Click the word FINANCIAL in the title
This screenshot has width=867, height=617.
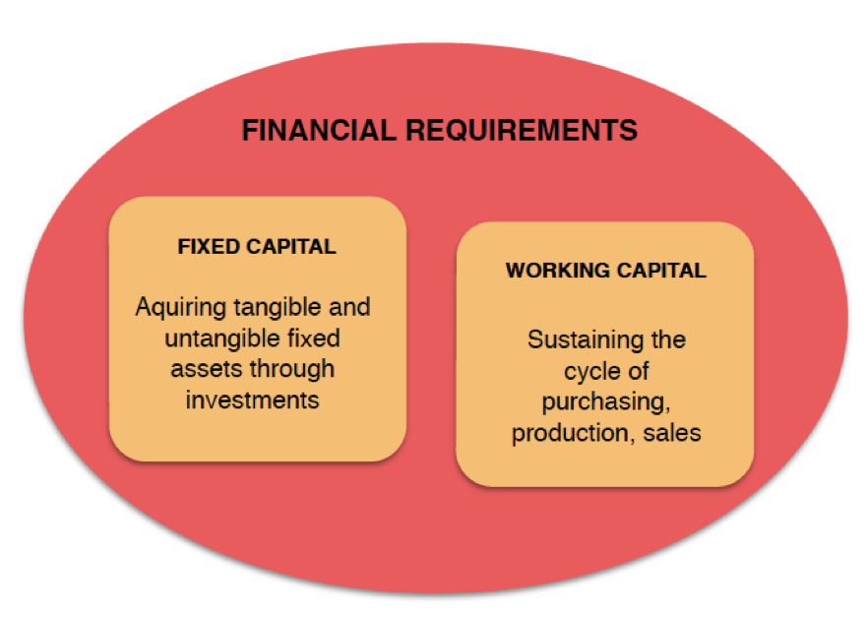click(x=319, y=131)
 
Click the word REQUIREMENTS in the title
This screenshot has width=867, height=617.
click(x=522, y=131)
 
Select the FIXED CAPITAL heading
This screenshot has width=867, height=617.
click(x=257, y=247)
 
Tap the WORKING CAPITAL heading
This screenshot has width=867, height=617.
click(x=606, y=271)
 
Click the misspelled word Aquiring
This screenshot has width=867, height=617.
click(x=181, y=308)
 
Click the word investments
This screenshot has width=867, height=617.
click(x=252, y=401)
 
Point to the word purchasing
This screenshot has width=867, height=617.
click(x=606, y=402)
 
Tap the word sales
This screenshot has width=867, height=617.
click(x=672, y=433)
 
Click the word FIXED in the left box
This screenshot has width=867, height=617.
click(x=209, y=247)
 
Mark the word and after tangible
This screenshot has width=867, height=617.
click(x=349, y=307)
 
